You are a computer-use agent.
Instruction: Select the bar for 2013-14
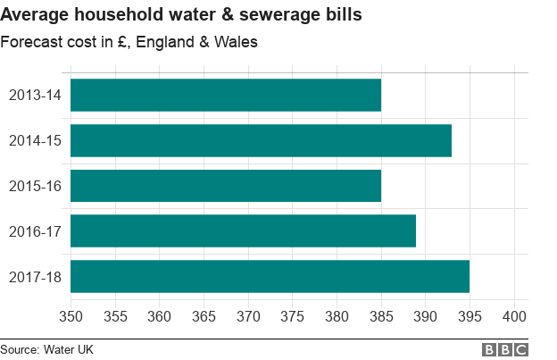tap(226, 95)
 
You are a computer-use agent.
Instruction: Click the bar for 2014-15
tap(261, 140)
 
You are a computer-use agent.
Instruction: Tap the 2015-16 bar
tap(226, 186)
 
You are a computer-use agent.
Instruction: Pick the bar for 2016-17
tap(243, 230)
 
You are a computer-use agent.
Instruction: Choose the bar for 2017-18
tap(270, 276)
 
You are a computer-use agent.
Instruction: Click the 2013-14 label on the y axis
tap(35, 95)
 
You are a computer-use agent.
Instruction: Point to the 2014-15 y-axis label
tap(35, 140)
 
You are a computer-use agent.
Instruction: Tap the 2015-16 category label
tap(35, 186)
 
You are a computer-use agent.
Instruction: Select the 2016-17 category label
tap(35, 230)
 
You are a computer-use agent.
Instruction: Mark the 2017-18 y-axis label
tap(35, 276)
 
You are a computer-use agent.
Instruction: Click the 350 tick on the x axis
tap(71, 316)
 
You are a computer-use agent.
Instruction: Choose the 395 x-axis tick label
tap(470, 316)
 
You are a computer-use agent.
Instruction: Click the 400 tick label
tap(514, 316)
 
